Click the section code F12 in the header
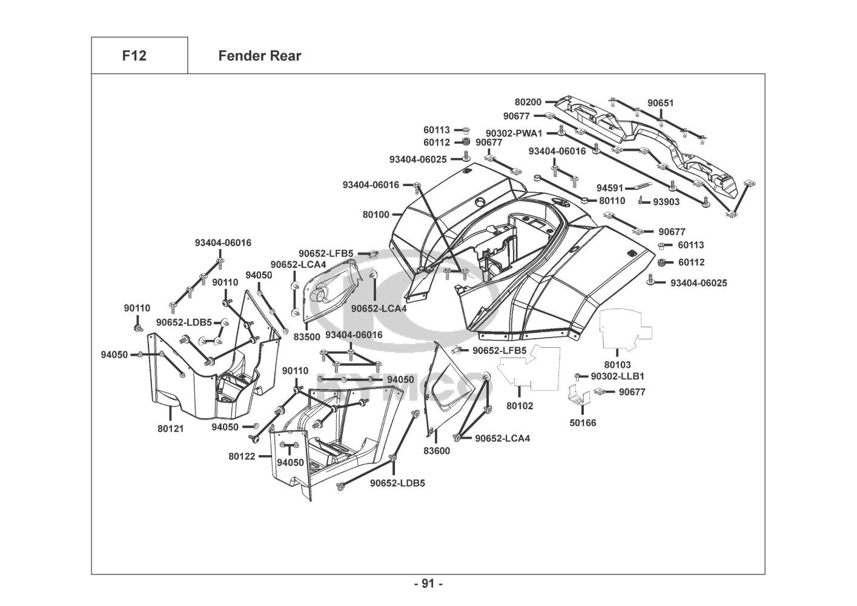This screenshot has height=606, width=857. [134, 56]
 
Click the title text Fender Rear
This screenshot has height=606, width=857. [259, 56]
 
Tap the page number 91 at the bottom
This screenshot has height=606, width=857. [428, 584]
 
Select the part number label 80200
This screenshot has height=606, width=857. [528, 102]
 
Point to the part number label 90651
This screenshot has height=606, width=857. [660, 103]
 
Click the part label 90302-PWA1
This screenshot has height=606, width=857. [514, 133]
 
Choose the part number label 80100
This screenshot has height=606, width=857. [376, 214]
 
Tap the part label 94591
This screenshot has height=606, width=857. [610, 188]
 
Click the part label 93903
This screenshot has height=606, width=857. [666, 202]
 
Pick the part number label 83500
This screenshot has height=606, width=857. [306, 336]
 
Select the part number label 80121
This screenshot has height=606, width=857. [170, 428]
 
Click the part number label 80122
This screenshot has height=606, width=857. [242, 456]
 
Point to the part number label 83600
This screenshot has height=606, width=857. [437, 451]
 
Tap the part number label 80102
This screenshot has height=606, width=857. [520, 405]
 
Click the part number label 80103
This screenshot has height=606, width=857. [617, 365]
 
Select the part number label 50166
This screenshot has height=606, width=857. [583, 422]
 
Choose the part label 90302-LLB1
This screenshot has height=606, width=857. [618, 376]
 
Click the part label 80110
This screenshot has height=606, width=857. [612, 201]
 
